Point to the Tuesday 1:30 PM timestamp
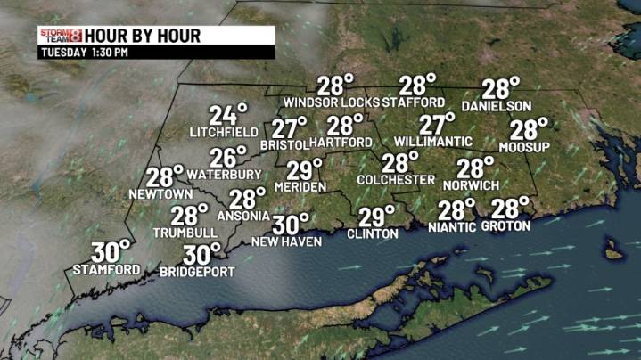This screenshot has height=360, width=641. point(83,53)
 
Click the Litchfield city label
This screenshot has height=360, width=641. point(222,132)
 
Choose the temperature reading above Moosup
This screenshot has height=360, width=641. point(530,129)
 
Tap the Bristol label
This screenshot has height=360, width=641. point(284,144)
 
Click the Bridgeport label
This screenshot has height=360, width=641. point(197,271)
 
